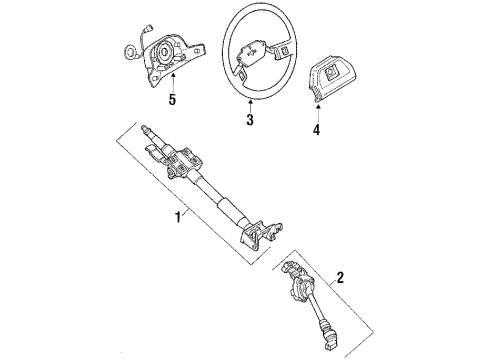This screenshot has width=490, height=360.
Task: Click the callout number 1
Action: (x=179, y=217)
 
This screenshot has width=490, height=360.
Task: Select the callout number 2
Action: (x=340, y=278)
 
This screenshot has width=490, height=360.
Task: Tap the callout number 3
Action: (x=250, y=119)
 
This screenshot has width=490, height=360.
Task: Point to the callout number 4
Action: (x=317, y=129)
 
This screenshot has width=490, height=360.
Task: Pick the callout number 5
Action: (x=172, y=99)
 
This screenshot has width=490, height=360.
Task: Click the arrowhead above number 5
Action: (x=173, y=77)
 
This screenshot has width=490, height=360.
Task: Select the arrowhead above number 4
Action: (x=318, y=107)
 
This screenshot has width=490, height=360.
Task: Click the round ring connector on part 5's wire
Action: (x=130, y=53)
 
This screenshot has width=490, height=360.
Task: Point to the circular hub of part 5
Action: (x=165, y=51)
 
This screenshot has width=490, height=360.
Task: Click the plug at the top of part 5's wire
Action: (x=150, y=27)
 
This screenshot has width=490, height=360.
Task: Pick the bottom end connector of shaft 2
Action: (x=329, y=344)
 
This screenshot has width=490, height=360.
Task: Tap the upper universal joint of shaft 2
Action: (x=289, y=270)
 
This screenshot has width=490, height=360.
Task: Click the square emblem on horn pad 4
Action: (x=332, y=72)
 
